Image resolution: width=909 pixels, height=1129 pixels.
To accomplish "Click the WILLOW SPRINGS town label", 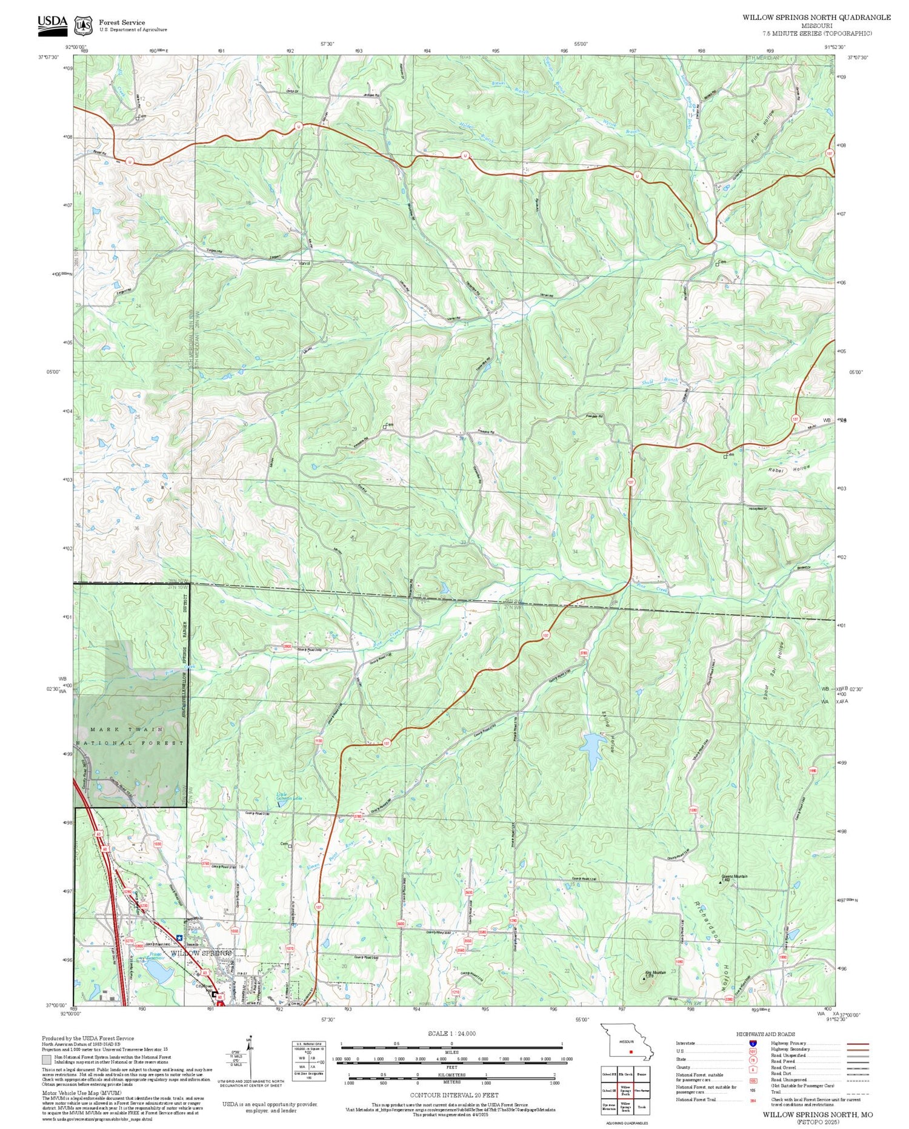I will point(201,954).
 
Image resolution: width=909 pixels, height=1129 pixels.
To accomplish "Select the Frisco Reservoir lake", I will point(157,972).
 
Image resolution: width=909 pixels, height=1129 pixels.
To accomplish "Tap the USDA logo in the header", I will point(52,22).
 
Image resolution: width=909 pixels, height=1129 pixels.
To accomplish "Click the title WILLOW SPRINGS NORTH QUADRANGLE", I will point(816,17).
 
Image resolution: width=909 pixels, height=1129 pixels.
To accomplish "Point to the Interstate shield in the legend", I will point(753,1043).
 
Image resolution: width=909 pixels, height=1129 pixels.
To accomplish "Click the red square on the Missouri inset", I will point(631,1052).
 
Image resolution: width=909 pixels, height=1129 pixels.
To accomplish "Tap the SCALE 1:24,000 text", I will point(451,1034).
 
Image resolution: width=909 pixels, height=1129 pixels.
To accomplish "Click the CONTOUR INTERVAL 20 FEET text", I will point(454,1095).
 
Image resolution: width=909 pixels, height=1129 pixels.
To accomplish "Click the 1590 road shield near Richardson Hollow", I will point(693,810).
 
